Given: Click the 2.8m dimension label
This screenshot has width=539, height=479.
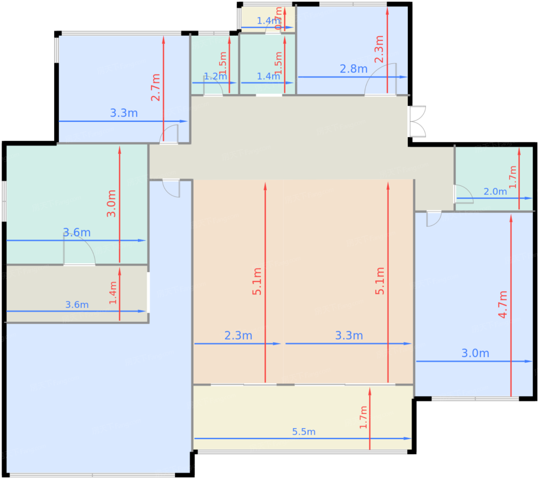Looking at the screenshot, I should point(353,69).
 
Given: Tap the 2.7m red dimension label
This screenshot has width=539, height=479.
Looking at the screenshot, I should point(155,87).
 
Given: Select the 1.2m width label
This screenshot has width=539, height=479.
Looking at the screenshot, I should point(215,76).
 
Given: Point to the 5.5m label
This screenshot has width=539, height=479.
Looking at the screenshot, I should point(304,432).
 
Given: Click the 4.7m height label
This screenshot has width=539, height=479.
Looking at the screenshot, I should point(503,304).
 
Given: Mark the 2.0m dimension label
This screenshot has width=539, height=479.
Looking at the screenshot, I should point(495,191).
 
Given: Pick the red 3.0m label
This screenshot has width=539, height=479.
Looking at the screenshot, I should point(111,203).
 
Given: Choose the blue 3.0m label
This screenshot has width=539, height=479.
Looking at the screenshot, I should point(475,353).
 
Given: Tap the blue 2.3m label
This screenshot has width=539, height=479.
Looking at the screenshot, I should point(238,335).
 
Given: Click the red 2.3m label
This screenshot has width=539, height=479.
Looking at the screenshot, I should point(379,49).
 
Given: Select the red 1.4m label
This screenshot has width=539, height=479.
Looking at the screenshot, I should point(113,293).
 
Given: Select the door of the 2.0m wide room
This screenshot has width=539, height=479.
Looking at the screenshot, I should point(463,194).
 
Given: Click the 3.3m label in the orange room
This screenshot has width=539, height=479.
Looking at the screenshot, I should point(349,335).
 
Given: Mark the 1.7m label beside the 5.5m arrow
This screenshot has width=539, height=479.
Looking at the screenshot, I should point(363,417).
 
